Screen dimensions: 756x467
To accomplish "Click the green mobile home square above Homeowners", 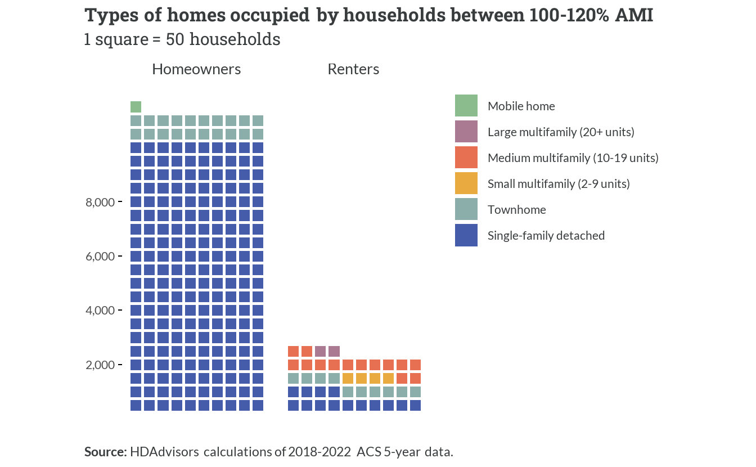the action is click(x=136, y=107).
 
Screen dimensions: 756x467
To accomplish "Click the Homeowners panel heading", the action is click(x=196, y=69).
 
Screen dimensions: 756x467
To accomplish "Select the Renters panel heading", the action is click(x=353, y=69).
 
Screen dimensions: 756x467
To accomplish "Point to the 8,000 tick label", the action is click(x=100, y=202).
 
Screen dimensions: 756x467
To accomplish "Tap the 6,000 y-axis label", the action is click(x=100, y=257).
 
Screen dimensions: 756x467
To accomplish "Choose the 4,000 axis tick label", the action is click(x=100, y=311).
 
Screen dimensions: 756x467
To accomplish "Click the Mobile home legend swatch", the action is click(x=466, y=105).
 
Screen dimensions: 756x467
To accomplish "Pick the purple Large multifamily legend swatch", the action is click(x=466, y=131).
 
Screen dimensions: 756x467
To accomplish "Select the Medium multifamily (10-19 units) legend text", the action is click(x=573, y=158).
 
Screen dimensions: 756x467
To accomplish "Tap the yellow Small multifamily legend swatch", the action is click(x=466, y=183).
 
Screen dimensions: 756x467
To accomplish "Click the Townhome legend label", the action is click(x=517, y=210).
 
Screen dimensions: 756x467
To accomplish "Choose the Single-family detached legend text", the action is click(x=546, y=235).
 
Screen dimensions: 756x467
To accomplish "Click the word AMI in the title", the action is click(x=634, y=15).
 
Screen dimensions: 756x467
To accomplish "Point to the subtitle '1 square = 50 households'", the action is click(x=182, y=39).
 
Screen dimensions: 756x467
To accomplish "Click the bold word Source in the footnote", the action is click(x=105, y=452).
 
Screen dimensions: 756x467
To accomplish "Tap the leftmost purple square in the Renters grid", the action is click(x=320, y=351).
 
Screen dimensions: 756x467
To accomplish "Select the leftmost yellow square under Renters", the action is click(x=348, y=378).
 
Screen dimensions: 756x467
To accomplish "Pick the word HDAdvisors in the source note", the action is click(x=164, y=452).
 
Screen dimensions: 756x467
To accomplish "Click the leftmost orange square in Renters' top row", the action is click(x=293, y=351).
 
